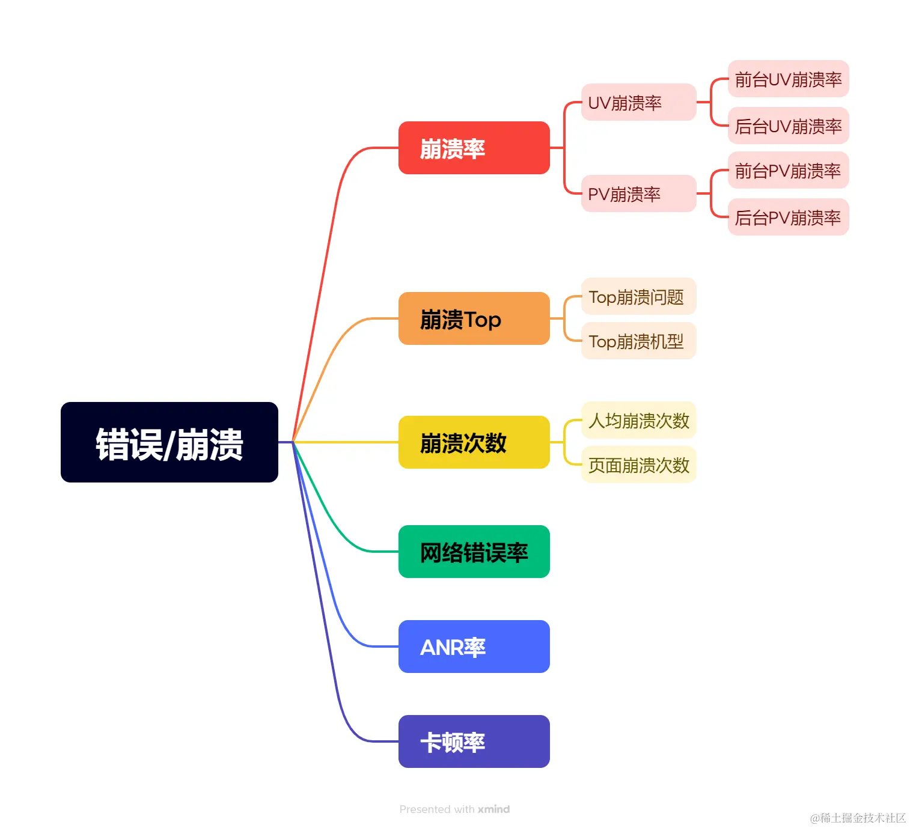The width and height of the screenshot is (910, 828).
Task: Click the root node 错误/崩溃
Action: [x=169, y=442]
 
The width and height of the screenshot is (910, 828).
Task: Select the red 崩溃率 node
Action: [x=474, y=148]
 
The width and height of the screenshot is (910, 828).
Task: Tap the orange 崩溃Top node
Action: [x=474, y=318]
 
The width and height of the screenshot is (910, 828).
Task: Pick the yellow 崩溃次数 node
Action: [x=474, y=442]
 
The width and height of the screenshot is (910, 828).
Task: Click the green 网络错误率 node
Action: [x=474, y=552]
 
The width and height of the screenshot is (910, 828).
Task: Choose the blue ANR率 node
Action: [x=474, y=647]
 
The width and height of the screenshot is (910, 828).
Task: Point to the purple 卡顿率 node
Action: [x=474, y=741]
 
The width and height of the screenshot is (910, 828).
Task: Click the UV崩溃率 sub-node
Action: [x=638, y=102]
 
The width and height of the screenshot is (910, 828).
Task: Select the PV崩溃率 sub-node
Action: [x=638, y=193]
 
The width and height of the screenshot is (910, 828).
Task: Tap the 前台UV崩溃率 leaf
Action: [x=788, y=79]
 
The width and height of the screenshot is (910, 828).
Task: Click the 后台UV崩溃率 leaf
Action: [x=788, y=126]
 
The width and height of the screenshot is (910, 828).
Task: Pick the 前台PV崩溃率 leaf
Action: [x=788, y=171]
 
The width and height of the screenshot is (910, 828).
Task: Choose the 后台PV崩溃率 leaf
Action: [x=788, y=217]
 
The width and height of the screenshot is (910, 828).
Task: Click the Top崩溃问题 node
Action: [x=638, y=296]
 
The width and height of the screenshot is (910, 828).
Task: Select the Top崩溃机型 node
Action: [x=638, y=341]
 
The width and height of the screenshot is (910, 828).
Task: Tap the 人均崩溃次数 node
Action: [x=638, y=420]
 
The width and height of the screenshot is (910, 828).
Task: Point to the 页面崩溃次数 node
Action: [x=638, y=464]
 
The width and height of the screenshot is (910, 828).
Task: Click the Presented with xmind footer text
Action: [x=454, y=809]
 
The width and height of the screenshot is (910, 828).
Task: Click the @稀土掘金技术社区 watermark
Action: [x=858, y=818]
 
